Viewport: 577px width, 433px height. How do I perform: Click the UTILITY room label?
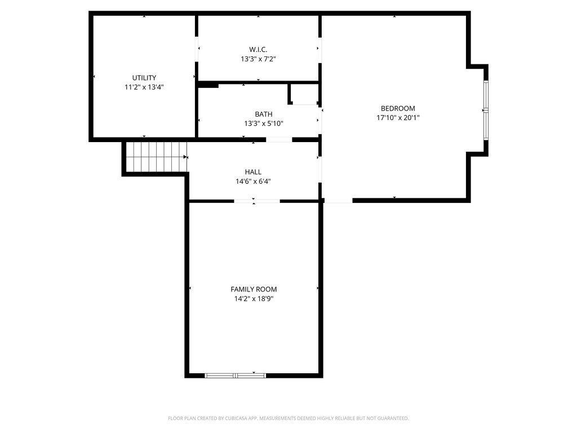pyautogui.click(x=144, y=78)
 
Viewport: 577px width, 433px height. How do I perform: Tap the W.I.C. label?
pyautogui.click(x=258, y=50)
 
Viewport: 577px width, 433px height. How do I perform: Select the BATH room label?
pyautogui.click(x=264, y=114)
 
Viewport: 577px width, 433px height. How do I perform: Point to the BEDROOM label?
pyautogui.click(x=398, y=108)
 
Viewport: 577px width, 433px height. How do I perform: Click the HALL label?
pyautogui.click(x=253, y=172)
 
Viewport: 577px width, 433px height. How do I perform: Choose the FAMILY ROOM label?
pyautogui.click(x=254, y=289)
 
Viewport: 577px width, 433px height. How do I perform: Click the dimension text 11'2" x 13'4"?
pyautogui.click(x=144, y=87)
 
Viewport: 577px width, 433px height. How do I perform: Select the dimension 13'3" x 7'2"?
pyautogui.click(x=258, y=59)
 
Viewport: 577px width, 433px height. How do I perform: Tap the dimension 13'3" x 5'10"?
pyautogui.click(x=264, y=123)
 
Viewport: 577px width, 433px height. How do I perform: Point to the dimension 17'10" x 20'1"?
pyautogui.click(x=398, y=118)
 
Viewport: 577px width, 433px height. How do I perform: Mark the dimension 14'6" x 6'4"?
pyautogui.click(x=253, y=181)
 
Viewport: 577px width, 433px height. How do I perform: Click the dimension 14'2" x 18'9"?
pyautogui.click(x=254, y=299)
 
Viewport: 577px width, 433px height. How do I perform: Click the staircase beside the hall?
pyautogui.click(x=157, y=157)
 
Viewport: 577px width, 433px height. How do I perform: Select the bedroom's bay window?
pyautogui.click(x=486, y=110)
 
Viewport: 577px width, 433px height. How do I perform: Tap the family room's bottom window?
pyautogui.click(x=235, y=375)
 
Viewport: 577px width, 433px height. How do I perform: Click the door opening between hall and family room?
pyautogui.click(x=257, y=201)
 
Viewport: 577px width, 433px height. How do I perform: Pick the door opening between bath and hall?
pyautogui.click(x=279, y=140)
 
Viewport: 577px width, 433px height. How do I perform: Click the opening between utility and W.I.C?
pyautogui.click(x=197, y=50)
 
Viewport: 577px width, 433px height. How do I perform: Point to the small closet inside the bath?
pyautogui.click(x=304, y=94)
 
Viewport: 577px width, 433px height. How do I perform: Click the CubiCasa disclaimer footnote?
pyautogui.click(x=288, y=418)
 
